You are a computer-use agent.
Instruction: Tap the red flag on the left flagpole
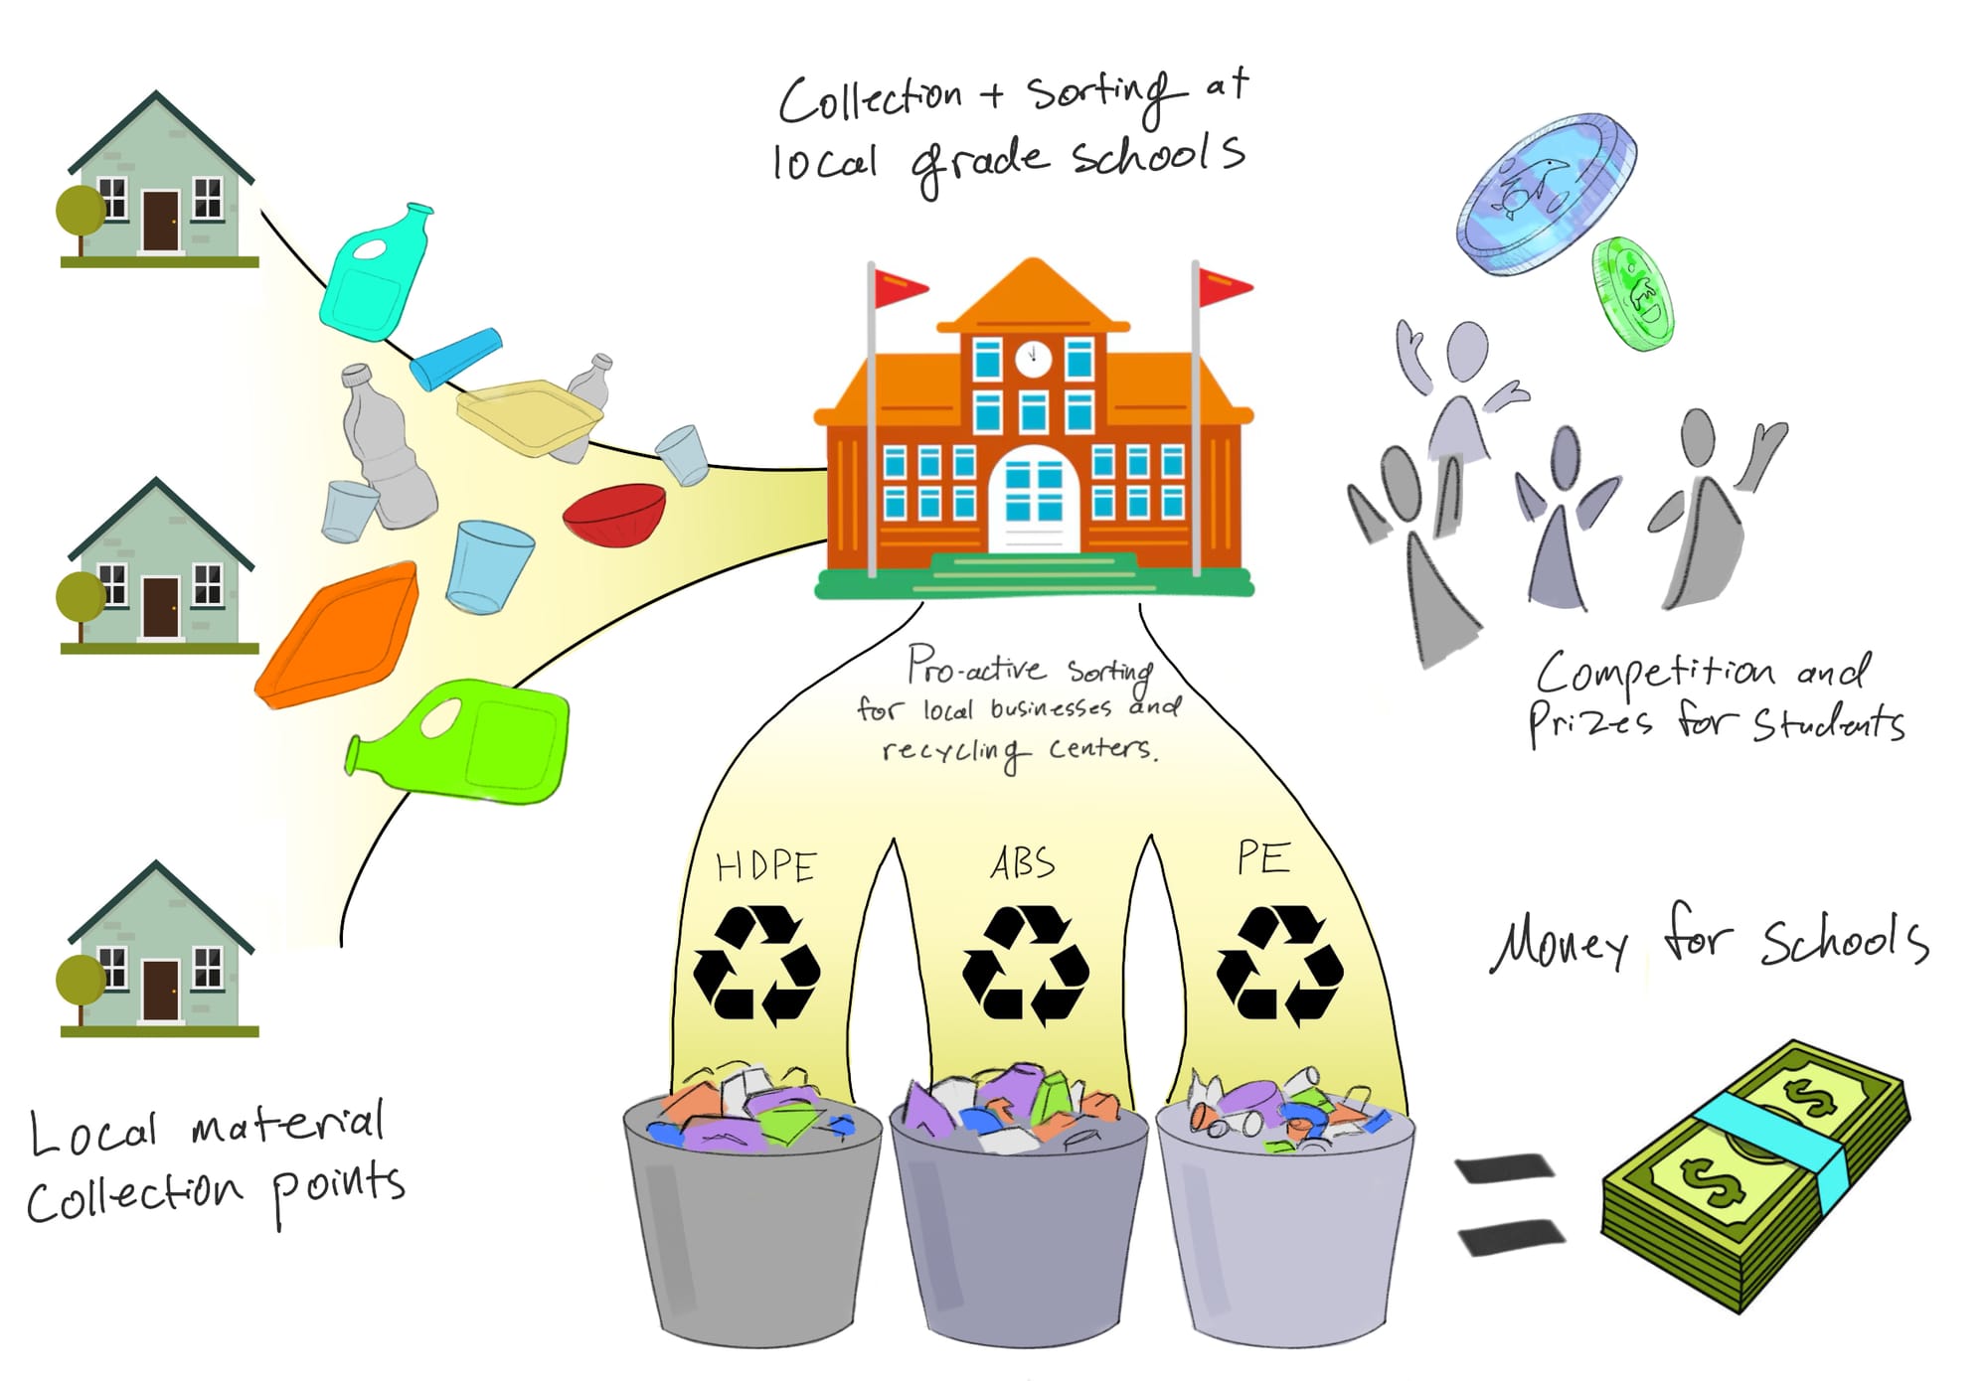click(899, 288)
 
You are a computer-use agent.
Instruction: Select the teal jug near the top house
click(374, 273)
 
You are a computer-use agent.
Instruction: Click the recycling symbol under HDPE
click(756, 964)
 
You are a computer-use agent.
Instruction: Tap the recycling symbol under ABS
click(1025, 964)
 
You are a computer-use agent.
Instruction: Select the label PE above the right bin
click(1263, 858)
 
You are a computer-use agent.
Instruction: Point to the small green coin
click(1634, 292)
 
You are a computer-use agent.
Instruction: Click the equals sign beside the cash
click(1508, 1203)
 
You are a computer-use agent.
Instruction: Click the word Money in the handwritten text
click(1559, 943)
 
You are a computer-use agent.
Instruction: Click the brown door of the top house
click(160, 221)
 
